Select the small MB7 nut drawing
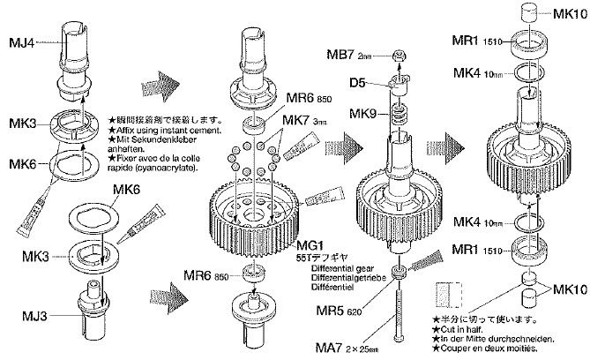tap(399, 57)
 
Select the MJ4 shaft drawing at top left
tap(73, 53)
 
